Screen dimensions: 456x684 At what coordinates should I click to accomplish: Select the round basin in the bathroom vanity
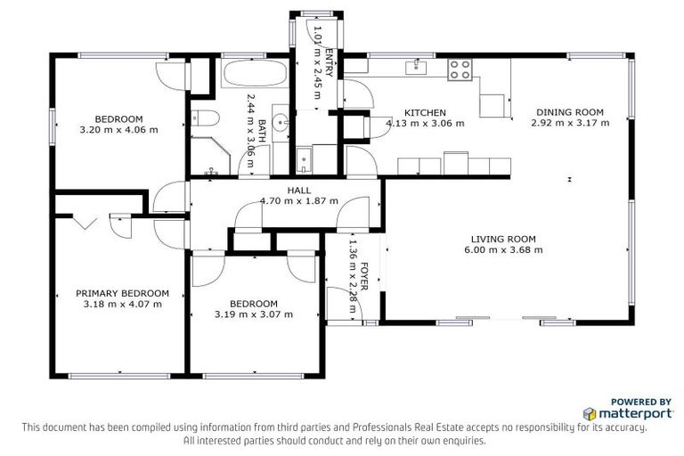[281, 121]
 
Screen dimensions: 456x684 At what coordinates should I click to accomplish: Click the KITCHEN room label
[425, 112]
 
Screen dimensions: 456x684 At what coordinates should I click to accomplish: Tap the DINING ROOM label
[569, 112]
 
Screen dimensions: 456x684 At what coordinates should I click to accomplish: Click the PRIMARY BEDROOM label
[122, 293]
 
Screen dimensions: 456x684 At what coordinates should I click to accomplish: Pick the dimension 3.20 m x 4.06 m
[119, 130]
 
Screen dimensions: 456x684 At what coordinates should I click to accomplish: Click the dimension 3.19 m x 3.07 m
[254, 313]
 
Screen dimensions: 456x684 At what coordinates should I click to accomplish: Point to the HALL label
[298, 191]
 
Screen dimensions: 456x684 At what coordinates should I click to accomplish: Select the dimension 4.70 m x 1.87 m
[298, 201]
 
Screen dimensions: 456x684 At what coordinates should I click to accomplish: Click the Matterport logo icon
[590, 414]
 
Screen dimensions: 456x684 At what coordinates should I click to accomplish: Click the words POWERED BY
[640, 402]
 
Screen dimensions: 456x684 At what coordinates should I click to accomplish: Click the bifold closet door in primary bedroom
[85, 223]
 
